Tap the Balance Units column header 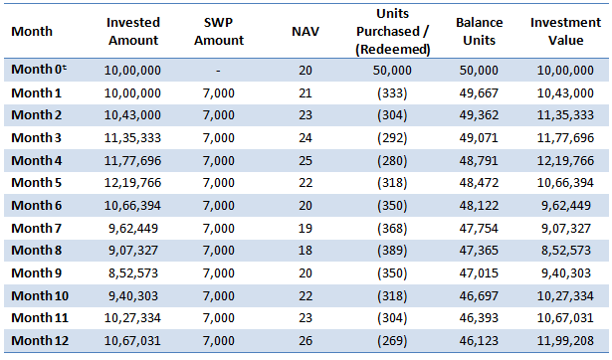pos(479,31)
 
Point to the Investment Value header pos(564,31)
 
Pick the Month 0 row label pos(38,70)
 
